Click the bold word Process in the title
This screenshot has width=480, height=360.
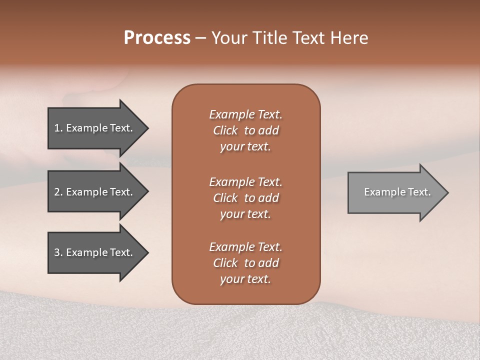pyautogui.click(x=157, y=38)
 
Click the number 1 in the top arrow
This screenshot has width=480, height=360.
pyautogui.click(x=57, y=128)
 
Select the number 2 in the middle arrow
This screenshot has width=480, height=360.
pyautogui.click(x=57, y=192)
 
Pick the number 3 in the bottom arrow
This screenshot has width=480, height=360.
pyautogui.click(x=57, y=252)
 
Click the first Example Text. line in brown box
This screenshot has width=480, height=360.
pyautogui.click(x=245, y=114)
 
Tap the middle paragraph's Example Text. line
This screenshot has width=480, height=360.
pyautogui.click(x=245, y=182)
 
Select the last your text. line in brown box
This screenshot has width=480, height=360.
pyautogui.click(x=245, y=279)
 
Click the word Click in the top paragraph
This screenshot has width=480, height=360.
pyautogui.click(x=225, y=130)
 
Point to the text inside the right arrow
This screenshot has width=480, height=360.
pyautogui.click(x=397, y=192)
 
